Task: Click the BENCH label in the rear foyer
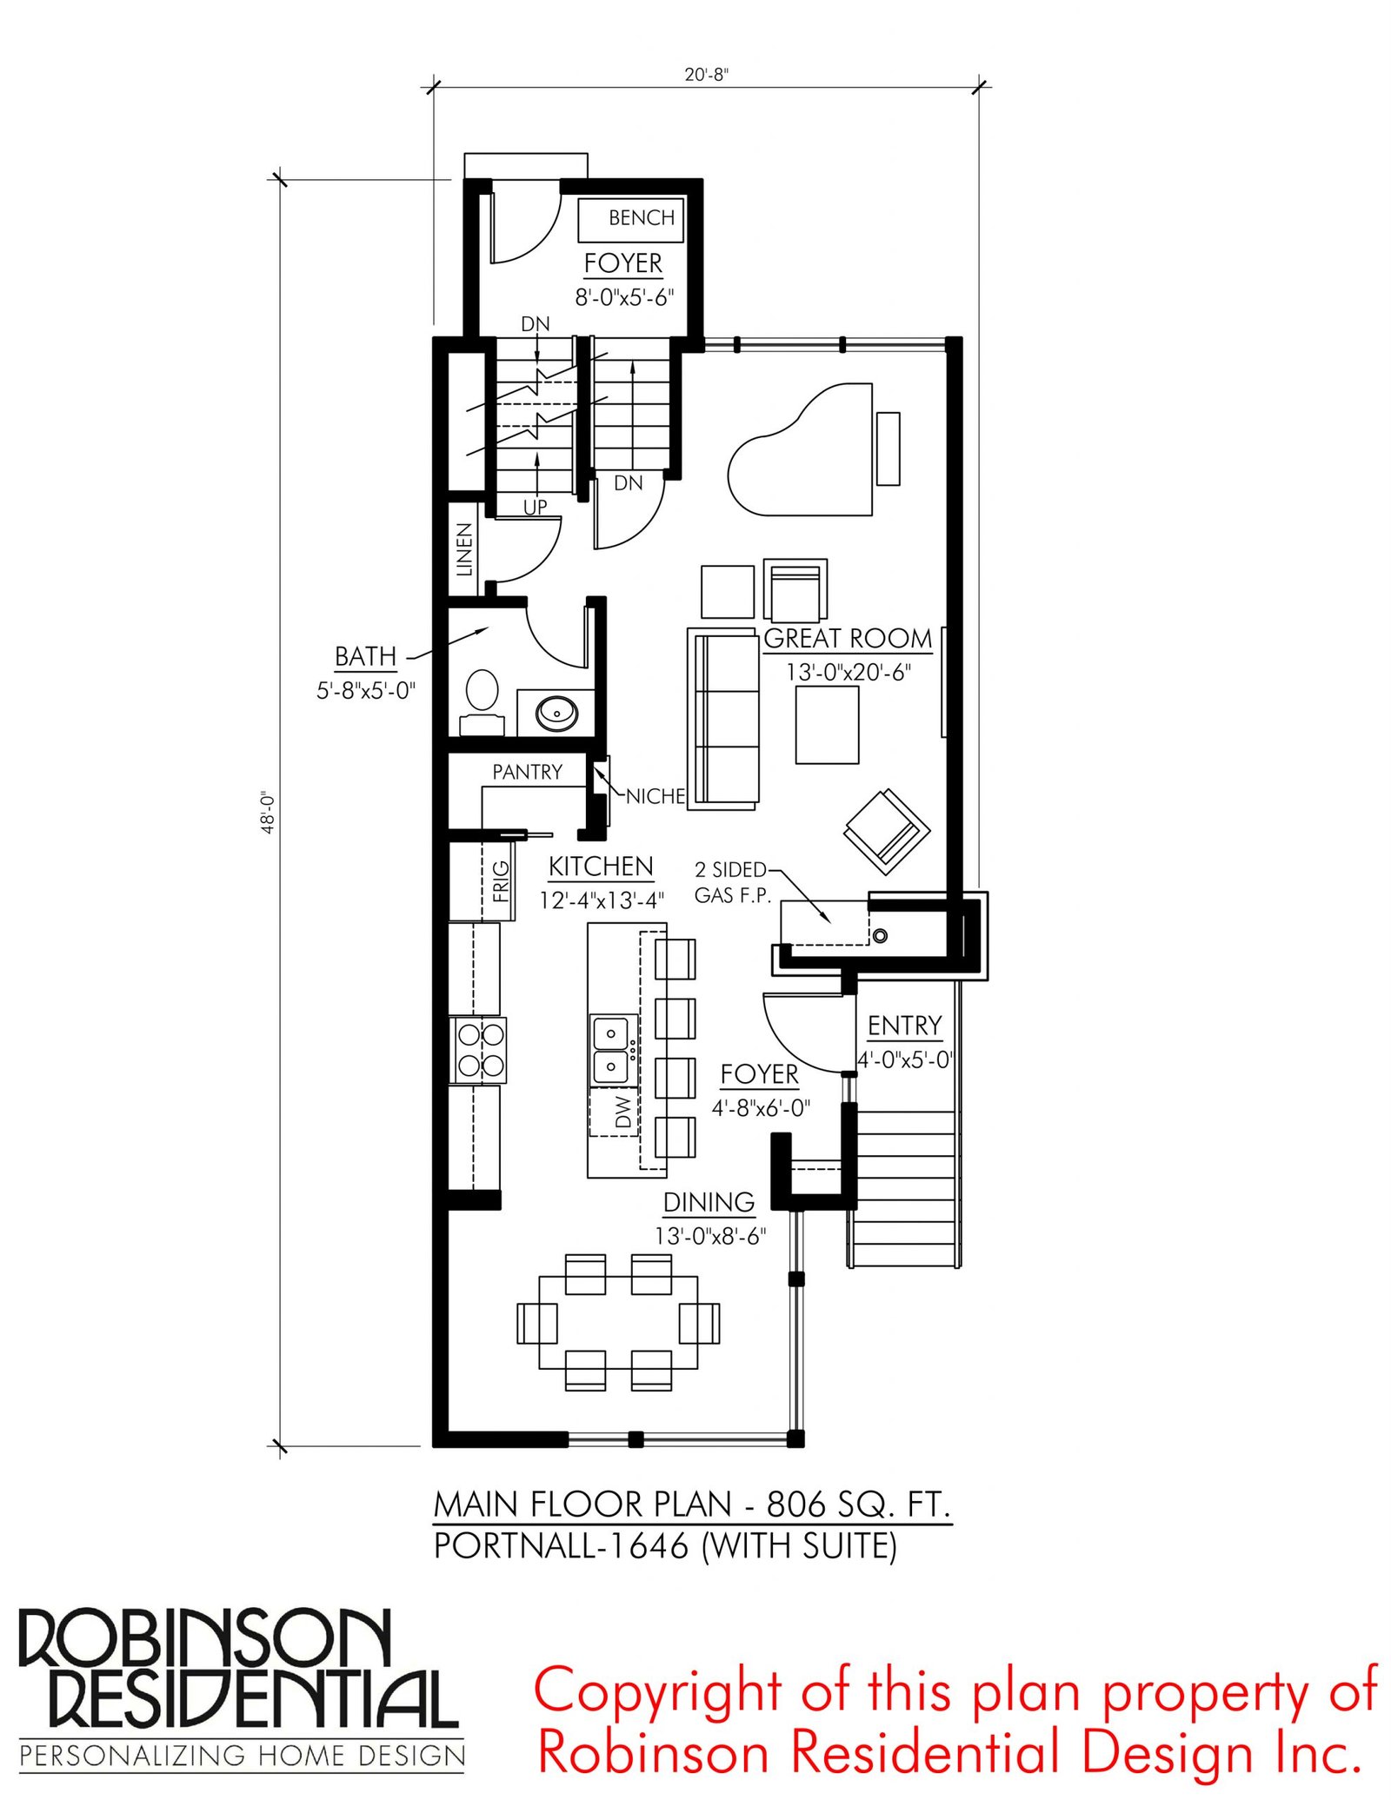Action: pos(641,217)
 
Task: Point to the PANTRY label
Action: pos(527,772)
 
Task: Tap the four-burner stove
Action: pos(477,1050)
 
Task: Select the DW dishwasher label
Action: pos(622,1113)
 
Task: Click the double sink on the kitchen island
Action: pos(614,1050)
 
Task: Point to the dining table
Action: pos(618,1322)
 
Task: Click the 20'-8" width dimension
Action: pos(706,75)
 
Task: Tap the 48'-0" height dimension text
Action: pos(269,812)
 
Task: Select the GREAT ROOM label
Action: pos(848,639)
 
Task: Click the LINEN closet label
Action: pos(464,549)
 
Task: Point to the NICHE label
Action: pos(656,796)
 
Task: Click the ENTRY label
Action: pos(904,1026)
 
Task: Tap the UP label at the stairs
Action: pos(535,507)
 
